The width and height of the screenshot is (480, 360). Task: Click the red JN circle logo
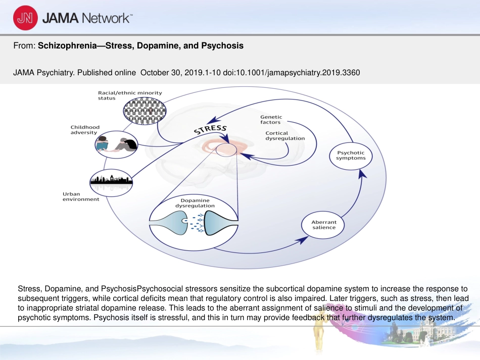tap(25, 18)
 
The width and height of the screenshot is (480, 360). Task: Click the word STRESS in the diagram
tap(210, 129)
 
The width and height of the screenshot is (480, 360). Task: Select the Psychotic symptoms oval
tap(351, 156)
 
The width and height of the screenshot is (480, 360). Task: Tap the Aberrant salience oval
tap(323, 225)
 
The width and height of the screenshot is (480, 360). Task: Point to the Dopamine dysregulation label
tap(195, 203)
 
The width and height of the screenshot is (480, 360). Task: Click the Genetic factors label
tap(271, 120)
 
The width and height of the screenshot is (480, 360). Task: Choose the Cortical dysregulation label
tap(285, 135)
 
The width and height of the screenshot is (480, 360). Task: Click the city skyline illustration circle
tap(111, 182)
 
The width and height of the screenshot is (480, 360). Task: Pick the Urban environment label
tap(81, 197)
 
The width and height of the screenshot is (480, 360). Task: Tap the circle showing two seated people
tap(116, 145)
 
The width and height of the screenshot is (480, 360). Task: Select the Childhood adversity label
tap(85, 130)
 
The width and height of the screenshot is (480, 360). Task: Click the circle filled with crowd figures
tap(145, 111)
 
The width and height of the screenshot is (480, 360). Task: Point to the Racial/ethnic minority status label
tap(130, 95)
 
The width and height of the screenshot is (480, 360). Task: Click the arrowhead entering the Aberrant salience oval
tap(304, 240)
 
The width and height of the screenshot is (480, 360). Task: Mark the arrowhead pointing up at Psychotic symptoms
tap(362, 174)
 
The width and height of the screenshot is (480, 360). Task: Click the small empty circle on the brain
tap(226, 150)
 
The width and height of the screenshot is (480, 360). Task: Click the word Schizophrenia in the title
tap(67, 45)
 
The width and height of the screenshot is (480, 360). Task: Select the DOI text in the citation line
tap(292, 73)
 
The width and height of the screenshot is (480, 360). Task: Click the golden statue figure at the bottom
tap(319, 336)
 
